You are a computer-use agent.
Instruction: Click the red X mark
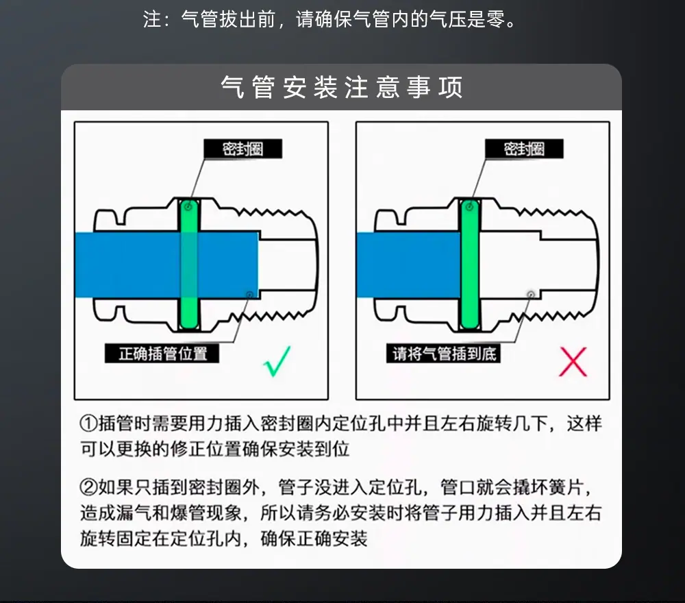click(573, 362)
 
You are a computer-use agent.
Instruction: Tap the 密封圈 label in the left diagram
click(243, 149)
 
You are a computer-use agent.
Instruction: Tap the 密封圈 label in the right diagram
click(524, 149)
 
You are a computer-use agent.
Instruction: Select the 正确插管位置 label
click(162, 353)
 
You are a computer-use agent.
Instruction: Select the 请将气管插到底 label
click(443, 353)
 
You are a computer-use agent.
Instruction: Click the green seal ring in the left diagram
click(189, 264)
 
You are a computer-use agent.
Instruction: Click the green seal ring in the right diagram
click(470, 264)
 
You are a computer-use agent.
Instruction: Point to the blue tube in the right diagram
click(408, 264)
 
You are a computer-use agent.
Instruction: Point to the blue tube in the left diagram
click(166, 264)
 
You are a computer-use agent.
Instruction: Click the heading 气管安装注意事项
click(342, 87)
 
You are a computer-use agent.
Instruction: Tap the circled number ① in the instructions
click(88, 423)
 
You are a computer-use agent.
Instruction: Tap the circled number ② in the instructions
click(88, 487)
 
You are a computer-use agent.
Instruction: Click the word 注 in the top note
click(152, 19)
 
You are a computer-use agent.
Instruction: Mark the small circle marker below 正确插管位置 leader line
click(249, 295)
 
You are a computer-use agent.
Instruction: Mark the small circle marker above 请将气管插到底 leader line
click(531, 295)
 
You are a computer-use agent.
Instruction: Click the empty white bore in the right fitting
click(510, 264)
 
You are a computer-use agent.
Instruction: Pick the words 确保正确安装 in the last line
click(314, 539)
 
